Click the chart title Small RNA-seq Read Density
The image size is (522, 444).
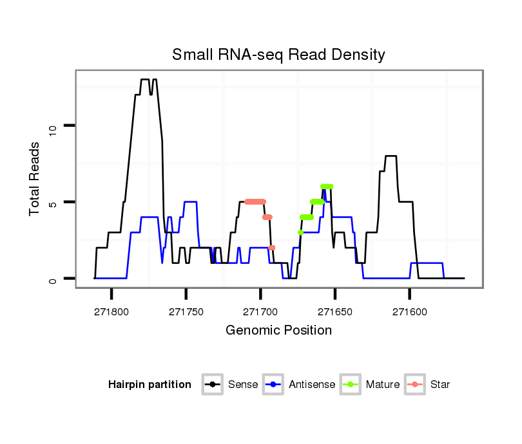point(278,55)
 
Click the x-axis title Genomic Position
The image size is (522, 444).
point(278,331)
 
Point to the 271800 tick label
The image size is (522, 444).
point(111,311)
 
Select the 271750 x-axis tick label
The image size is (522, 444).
point(186,311)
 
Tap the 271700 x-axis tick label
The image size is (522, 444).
point(260,311)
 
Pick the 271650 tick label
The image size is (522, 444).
point(334,311)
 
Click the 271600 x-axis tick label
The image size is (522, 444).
point(409,311)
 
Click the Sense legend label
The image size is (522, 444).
point(243,385)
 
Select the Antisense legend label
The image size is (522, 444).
point(312,385)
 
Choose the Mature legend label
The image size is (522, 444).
point(383,385)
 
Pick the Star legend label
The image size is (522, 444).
point(440,385)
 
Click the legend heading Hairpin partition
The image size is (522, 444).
point(150,385)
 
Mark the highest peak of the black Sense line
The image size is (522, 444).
point(145,80)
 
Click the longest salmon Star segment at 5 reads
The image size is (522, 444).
point(255,201)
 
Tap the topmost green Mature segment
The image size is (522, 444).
point(327,187)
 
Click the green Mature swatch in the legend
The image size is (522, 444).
point(351,385)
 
